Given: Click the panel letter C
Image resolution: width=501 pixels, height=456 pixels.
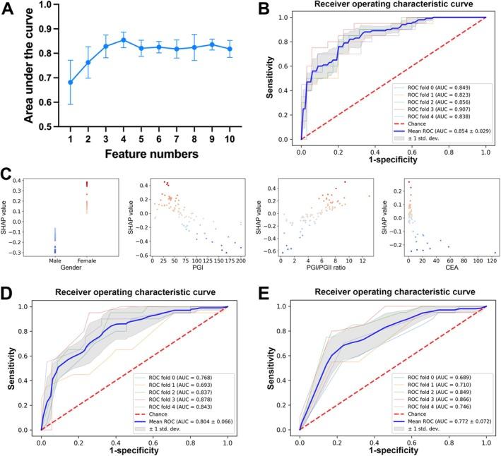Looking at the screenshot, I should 8,174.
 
